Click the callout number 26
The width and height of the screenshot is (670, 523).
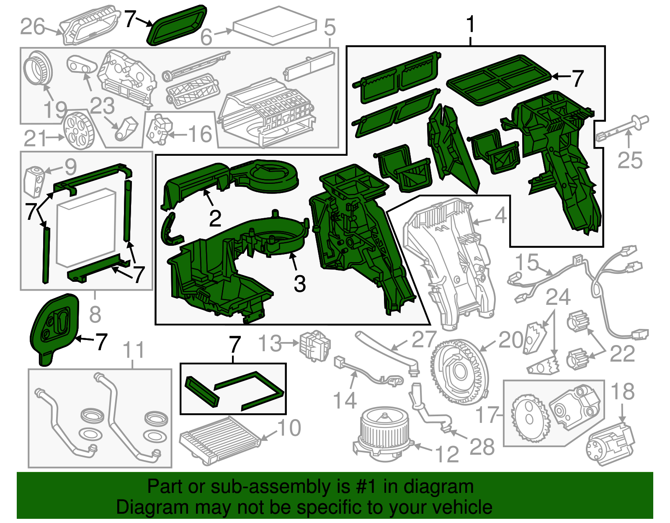(x=32, y=27)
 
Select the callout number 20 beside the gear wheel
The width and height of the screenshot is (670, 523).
(x=510, y=340)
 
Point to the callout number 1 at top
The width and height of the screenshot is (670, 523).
(x=471, y=24)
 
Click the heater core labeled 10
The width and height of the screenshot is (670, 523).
(x=220, y=438)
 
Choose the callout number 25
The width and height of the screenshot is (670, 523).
(x=630, y=160)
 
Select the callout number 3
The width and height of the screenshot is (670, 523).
(x=299, y=283)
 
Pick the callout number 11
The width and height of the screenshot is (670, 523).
(x=134, y=350)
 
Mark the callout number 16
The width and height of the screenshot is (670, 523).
(x=200, y=134)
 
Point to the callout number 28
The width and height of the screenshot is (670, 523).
(x=482, y=447)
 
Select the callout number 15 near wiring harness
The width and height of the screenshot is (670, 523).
(x=526, y=263)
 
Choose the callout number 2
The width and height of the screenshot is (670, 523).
(x=215, y=218)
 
